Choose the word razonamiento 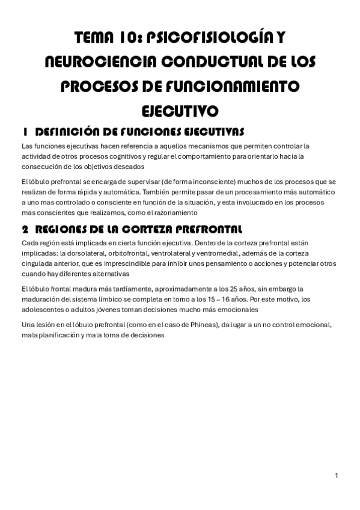[x=188, y=212]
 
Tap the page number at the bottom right [x=337, y=476]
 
